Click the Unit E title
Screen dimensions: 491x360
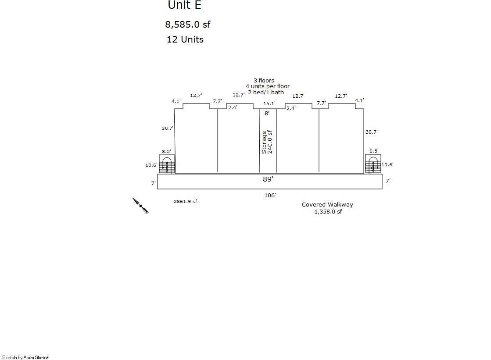pos(184,5)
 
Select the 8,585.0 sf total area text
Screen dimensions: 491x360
pos(187,25)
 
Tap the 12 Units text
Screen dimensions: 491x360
pos(185,39)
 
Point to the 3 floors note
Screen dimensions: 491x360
pos(264,80)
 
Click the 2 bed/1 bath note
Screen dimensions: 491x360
pos(266,93)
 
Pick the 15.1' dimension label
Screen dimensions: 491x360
pos(269,103)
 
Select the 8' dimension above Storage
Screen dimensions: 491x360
pos(267,113)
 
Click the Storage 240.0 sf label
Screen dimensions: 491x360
pos(267,142)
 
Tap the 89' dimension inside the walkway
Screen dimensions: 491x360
pos(268,179)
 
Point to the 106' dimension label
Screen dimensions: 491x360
pos(270,195)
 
